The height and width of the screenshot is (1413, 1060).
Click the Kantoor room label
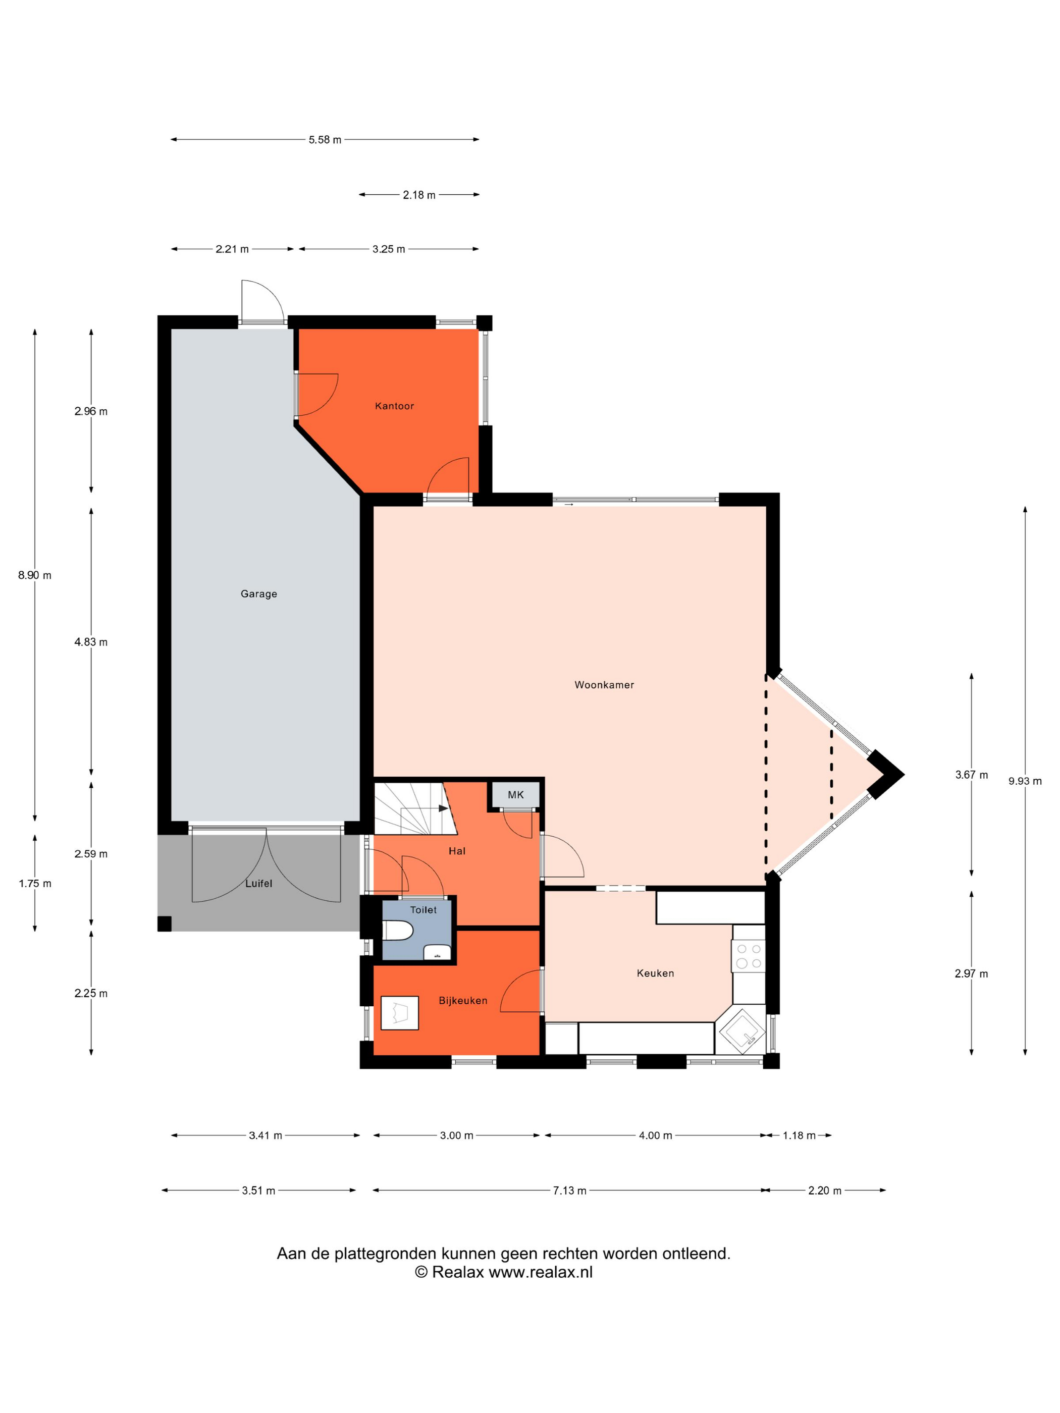394,406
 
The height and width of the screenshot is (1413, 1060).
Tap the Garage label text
259,593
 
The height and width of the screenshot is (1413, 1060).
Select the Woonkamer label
604,685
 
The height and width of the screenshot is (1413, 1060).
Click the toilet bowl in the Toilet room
397,930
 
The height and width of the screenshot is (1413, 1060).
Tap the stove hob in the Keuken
748,956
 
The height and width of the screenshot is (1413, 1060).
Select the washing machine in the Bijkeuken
399,1012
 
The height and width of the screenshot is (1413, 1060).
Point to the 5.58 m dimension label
325,139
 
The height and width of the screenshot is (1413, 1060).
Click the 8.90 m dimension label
34,575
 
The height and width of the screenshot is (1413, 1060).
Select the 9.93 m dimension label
1025,781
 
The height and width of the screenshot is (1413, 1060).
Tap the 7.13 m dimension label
569,1190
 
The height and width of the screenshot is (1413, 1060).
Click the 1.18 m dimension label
800,1135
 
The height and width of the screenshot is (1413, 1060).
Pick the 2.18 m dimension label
418,195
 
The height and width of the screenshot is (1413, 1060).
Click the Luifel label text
259,884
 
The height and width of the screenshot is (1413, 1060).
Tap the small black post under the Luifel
164,923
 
